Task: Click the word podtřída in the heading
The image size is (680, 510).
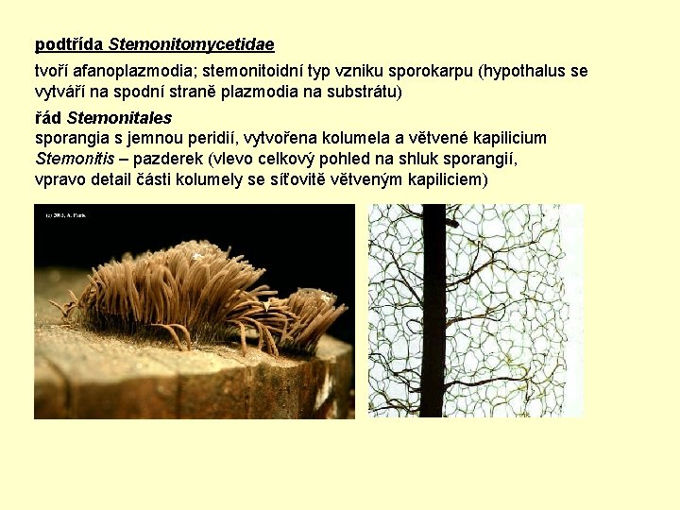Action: click(69, 44)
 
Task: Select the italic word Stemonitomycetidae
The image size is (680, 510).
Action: click(191, 44)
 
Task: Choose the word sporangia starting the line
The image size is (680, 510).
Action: click(71, 139)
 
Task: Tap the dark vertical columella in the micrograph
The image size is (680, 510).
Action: click(432, 312)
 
